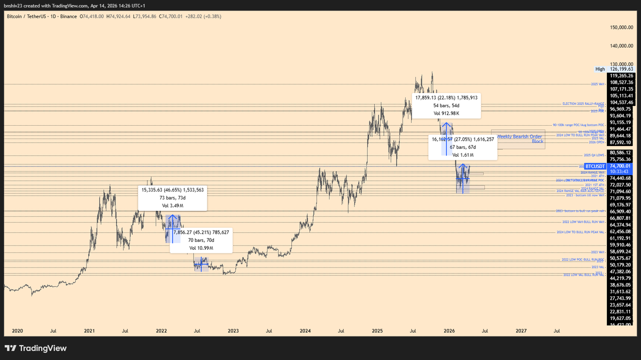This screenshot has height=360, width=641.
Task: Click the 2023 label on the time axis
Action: (x=233, y=331)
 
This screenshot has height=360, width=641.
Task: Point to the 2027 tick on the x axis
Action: (x=521, y=331)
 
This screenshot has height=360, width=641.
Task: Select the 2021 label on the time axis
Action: (x=90, y=331)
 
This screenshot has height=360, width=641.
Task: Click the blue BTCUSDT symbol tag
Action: (x=595, y=166)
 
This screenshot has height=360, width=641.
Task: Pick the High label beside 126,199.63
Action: (x=600, y=69)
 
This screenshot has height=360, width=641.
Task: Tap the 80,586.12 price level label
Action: (x=621, y=152)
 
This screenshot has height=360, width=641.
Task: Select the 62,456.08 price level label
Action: (x=621, y=232)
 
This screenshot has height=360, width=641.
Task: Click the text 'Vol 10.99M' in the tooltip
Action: (x=201, y=248)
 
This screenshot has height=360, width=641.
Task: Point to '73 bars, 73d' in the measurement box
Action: (x=172, y=197)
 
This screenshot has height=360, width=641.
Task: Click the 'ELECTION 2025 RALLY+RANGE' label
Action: (x=583, y=104)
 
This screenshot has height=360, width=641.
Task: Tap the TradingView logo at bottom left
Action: (x=35, y=348)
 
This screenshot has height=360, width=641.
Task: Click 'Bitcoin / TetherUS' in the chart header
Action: (x=26, y=17)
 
